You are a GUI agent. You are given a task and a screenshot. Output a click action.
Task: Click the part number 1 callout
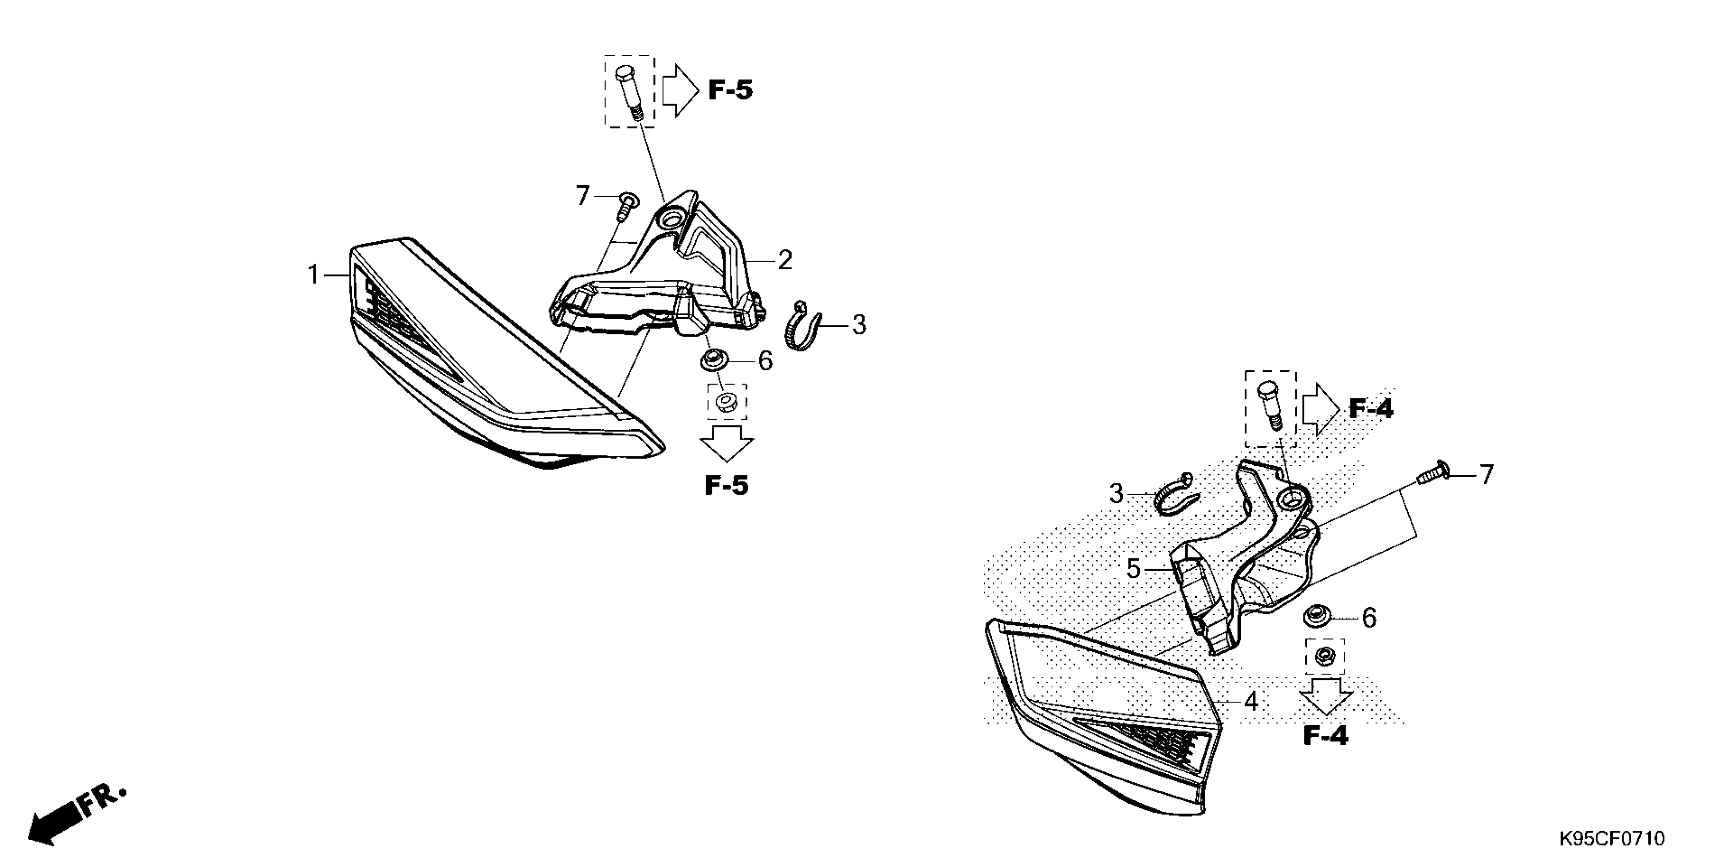pyautogui.click(x=313, y=275)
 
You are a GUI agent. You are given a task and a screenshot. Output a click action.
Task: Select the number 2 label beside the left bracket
pyautogui.click(x=784, y=260)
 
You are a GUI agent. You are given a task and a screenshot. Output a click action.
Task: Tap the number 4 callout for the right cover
pyautogui.click(x=1251, y=701)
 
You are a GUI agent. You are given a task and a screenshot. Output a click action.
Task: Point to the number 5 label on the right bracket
pyautogui.click(x=1134, y=570)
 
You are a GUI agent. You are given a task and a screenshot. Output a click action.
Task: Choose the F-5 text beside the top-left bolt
pyautogui.click(x=730, y=90)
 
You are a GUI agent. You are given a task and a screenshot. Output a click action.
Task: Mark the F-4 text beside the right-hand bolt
pyautogui.click(x=1371, y=409)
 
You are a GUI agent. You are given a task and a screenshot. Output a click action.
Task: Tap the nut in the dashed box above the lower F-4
pyautogui.click(x=1325, y=654)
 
